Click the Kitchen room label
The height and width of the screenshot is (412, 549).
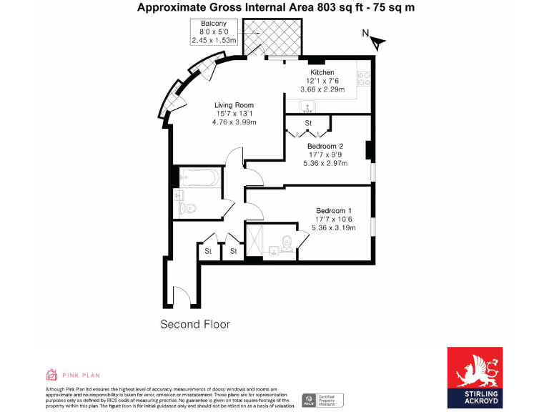pos(322,73)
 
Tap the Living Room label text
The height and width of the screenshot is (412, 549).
pos(234,105)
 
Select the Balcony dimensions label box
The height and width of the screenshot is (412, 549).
pos(214,32)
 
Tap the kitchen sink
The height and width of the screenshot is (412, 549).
pos(309,107)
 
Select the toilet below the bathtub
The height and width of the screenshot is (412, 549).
pos(187,208)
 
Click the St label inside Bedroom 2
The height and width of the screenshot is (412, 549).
pos(309,124)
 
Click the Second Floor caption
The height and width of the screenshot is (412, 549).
pos(194,324)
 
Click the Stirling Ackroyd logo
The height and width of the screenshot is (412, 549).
pos(475,378)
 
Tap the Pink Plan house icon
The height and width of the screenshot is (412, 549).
pos(51,375)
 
